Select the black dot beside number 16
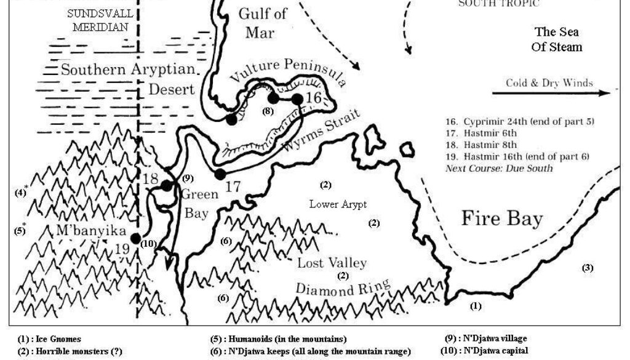coord(298,99)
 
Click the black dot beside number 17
coord(220,174)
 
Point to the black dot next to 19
coord(136,239)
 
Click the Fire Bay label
coord(502,218)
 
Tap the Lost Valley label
coord(332,263)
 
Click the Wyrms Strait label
coord(317,136)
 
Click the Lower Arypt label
coord(333,204)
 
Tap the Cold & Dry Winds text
coord(549,83)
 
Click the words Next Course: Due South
coord(499,168)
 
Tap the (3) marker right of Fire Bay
coord(588,268)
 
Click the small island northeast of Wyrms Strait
coord(407,149)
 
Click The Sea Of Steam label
coord(557,39)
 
